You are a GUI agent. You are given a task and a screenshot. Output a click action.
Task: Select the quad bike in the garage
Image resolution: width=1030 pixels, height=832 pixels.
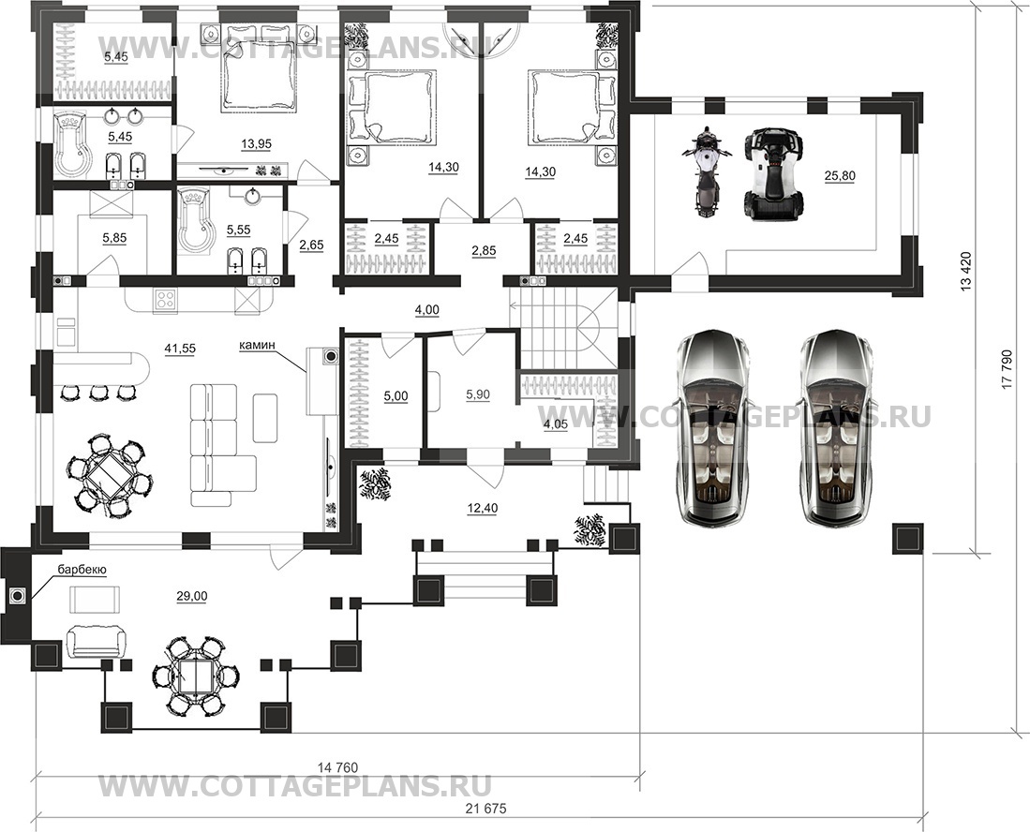tap(773, 172)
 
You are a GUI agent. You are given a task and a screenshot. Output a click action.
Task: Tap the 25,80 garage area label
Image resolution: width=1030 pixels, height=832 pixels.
tap(839, 176)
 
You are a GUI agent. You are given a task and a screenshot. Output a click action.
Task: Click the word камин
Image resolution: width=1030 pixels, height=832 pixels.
tap(257, 344)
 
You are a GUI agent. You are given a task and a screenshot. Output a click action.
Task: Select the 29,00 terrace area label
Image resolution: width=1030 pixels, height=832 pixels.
tap(192, 596)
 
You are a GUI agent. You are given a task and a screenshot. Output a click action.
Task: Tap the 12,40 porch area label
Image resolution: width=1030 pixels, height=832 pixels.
tap(483, 508)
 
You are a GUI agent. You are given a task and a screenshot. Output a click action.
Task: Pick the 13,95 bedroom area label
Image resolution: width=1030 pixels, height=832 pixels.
tap(256, 143)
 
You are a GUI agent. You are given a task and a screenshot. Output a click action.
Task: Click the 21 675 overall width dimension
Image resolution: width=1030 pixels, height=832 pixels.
tap(485, 809)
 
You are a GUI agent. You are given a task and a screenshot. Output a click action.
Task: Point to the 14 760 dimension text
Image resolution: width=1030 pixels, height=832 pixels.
tap(337, 767)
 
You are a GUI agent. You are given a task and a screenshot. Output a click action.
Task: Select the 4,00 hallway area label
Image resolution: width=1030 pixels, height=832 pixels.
tap(427, 310)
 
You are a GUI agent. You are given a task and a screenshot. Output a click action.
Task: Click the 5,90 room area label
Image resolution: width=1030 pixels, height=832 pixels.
tap(478, 394)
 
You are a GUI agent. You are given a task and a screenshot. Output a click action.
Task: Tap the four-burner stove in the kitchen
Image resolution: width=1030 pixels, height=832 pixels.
tap(165, 300)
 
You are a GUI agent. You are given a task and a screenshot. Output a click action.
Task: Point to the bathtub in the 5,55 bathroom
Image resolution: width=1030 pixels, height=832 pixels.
tap(197, 220)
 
